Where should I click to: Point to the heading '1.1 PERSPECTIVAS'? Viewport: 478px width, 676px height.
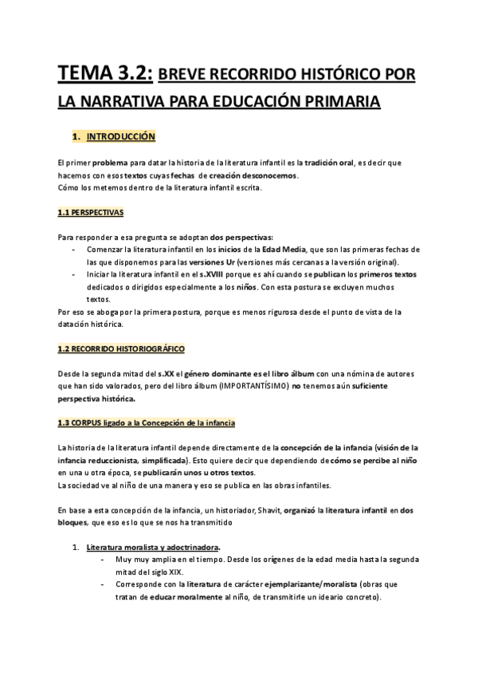pyautogui.click(x=90, y=213)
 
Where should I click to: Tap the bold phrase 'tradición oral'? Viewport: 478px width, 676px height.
pyautogui.click(x=349, y=162)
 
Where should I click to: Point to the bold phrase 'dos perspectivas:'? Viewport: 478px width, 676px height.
pyautogui.click(x=241, y=238)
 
